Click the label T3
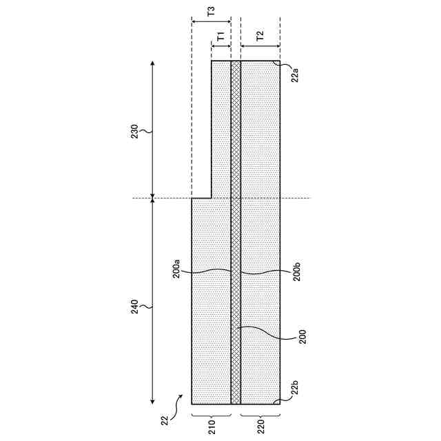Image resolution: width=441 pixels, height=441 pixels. pyautogui.click(x=211, y=11)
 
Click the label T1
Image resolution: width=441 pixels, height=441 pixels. pyautogui.click(x=221, y=36)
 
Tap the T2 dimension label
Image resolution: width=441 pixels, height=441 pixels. pyautogui.click(x=260, y=36)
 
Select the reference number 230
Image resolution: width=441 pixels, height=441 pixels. pyautogui.click(x=134, y=132)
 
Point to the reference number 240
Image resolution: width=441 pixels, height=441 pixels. pyautogui.click(x=134, y=307)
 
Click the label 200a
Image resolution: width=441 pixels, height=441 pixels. pyautogui.click(x=176, y=269)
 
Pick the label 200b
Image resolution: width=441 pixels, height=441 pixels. pyautogui.click(x=296, y=271)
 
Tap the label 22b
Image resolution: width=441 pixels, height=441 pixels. pyautogui.click(x=294, y=387)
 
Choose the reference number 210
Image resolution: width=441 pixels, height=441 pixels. pyautogui.click(x=212, y=427)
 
